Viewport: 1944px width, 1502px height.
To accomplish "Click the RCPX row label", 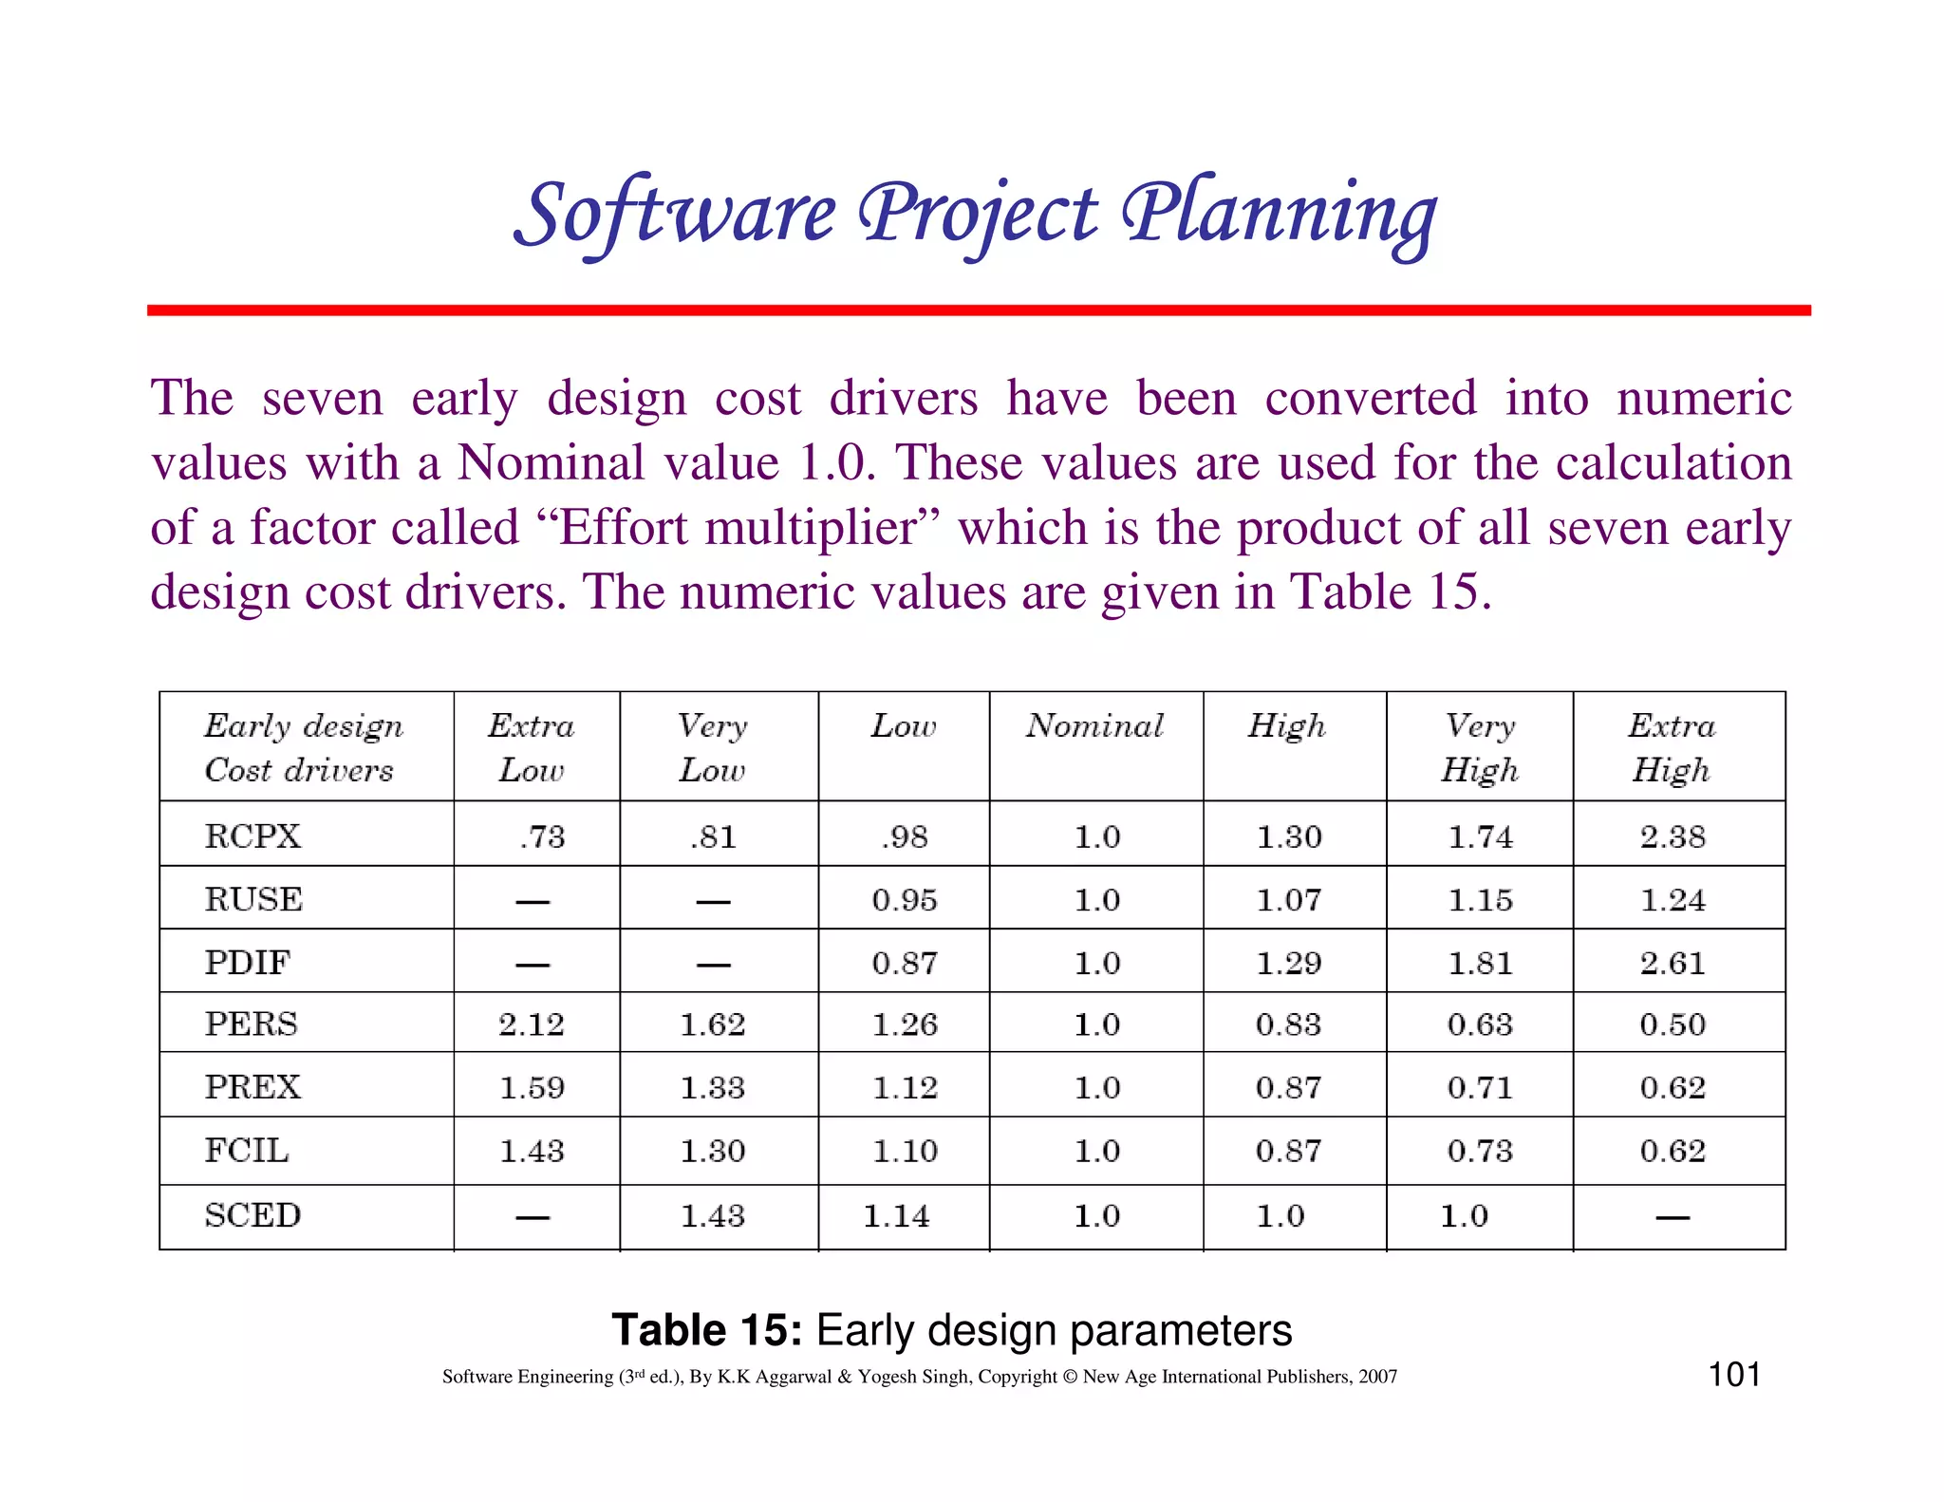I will tap(252, 836).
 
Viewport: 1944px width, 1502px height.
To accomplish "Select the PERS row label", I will tap(252, 1023).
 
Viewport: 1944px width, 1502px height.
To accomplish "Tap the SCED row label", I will tap(252, 1215).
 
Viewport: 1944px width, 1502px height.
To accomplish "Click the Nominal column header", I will tap(1094, 726).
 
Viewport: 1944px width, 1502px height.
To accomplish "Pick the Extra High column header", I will tap(1672, 747).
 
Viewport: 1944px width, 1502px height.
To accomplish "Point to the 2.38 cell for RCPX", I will tap(1673, 836).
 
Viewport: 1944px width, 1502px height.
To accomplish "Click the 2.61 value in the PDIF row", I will tap(1673, 963).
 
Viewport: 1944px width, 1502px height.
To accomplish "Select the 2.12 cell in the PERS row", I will tap(532, 1024).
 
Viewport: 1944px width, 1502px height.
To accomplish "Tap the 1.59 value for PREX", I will tap(532, 1087).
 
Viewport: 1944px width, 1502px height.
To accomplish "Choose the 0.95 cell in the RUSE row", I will tap(905, 899).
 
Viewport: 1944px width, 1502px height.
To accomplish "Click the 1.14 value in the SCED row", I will tap(896, 1216).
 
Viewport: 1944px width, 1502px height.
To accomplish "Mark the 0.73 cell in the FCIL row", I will tap(1480, 1151).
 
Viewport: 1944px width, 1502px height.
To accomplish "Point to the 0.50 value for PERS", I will tap(1673, 1024).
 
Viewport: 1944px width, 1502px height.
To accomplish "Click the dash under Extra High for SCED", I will tap(1673, 1217).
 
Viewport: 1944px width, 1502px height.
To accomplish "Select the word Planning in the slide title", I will tap(1280, 214).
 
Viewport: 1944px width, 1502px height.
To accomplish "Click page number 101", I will tap(1734, 1374).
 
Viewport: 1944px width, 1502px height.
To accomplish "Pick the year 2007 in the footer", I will tap(1377, 1377).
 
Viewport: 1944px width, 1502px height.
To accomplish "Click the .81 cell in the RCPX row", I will tap(713, 836).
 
